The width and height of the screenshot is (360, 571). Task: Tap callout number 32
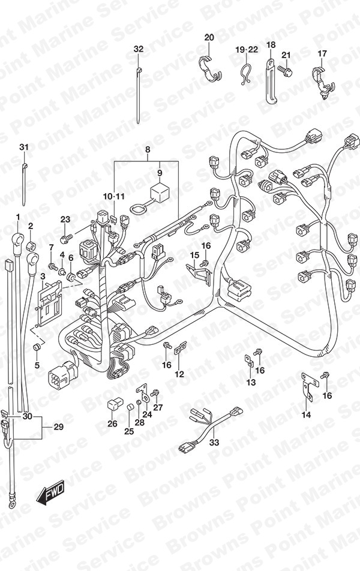pyautogui.click(x=139, y=49)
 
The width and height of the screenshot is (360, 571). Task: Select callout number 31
pyautogui.click(x=23, y=148)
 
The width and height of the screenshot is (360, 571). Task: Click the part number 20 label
pyautogui.click(x=209, y=38)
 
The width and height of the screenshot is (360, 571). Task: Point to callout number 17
pyautogui.click(x=322, y=54)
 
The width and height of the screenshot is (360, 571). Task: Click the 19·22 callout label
pyautogui.click(x=246, y=49)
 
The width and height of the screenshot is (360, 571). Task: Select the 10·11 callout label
pyautogui.click(x=113, y=197)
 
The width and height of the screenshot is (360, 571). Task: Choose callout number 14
pyautogui.click(x=306, y=415)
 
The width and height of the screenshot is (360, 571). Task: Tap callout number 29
pyautogui.click(x=58, y=427)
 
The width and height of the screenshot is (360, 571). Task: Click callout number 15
pyautogui.click(x=194, y=256)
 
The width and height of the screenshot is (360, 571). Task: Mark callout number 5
pyautogui.click(x=37, y=365)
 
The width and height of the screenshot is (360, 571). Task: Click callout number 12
pyautogui.click(x=179, y=374)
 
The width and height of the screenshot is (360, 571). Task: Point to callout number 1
pyautogui.click(x=18, y=216)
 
